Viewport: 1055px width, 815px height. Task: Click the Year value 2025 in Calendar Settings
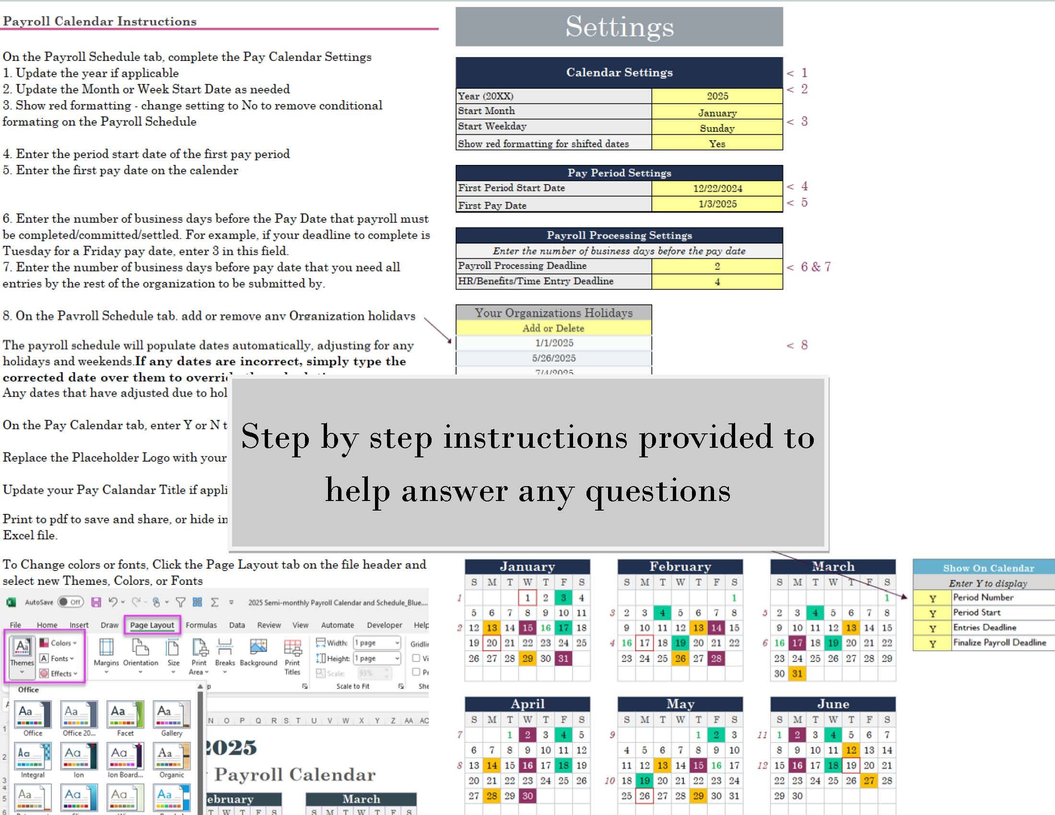717,95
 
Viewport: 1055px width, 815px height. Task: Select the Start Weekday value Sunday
717,128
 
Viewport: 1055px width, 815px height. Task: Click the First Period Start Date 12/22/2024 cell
717,188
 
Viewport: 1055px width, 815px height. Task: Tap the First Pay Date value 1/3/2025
717,204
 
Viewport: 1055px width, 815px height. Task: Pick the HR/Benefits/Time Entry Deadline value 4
717,281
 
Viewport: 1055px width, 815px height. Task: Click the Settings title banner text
619,26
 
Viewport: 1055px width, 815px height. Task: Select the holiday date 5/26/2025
553,358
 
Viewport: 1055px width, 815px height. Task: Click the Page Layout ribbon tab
152,625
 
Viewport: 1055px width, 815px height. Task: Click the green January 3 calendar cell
563,598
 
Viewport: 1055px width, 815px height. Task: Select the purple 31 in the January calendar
563,658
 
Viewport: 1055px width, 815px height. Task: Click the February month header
680,566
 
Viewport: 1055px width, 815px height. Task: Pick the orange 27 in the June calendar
868,780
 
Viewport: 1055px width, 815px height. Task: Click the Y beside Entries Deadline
932,628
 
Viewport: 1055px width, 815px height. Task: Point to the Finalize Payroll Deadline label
999,642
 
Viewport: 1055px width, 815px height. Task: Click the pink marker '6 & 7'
815,267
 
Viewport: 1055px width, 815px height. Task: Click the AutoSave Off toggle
70,602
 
